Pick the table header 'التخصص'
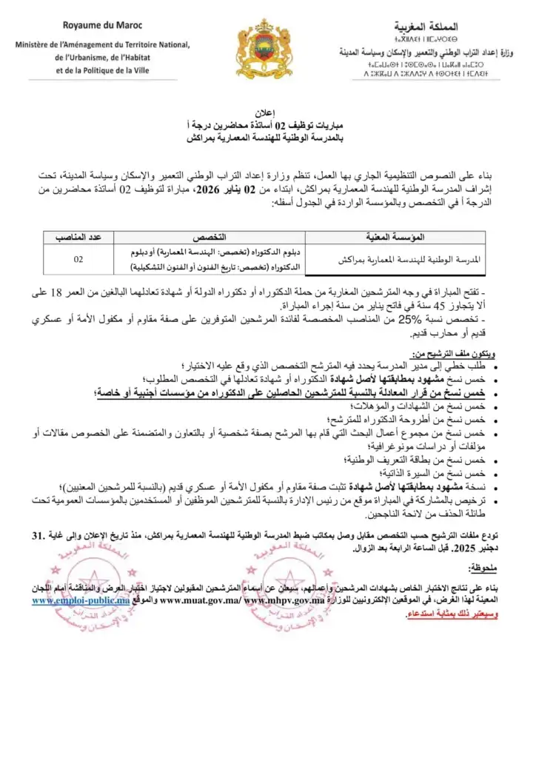(209, 238)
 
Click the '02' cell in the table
(78, 260)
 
